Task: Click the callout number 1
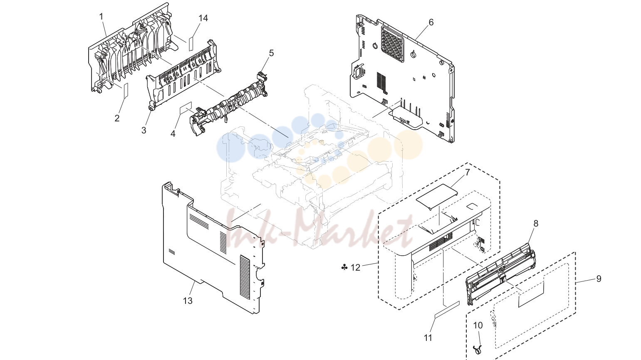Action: click(x=101, y=17)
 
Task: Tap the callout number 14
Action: click(x=203, y=18)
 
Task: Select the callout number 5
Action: click(x=271, y=53)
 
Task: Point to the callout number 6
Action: click(x=431, y=22)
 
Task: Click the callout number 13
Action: click(x=188, y=301)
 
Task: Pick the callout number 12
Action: click(x=355, y=268)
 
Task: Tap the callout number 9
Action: click(x=599, y=279)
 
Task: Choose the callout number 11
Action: click(x=428, y=338)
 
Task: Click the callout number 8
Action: click(x=536, y=223)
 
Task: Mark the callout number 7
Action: click(x=467, y=173)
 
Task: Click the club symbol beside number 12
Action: click(x=344, y=267)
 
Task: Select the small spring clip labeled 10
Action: click(x=478, y=349)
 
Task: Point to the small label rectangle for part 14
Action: click(x=191, y=43)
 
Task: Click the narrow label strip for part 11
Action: click(x=447, y=309)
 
